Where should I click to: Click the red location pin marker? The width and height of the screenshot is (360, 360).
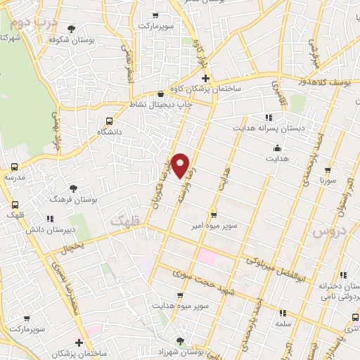click(181, 165)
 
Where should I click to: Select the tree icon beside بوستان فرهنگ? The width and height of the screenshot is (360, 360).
click(73, 188)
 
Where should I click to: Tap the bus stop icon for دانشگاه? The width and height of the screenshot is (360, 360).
click(108, 120)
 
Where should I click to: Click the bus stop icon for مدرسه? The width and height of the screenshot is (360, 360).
click(15, 167)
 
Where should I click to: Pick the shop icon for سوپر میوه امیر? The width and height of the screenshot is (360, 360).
click(213, 214)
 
